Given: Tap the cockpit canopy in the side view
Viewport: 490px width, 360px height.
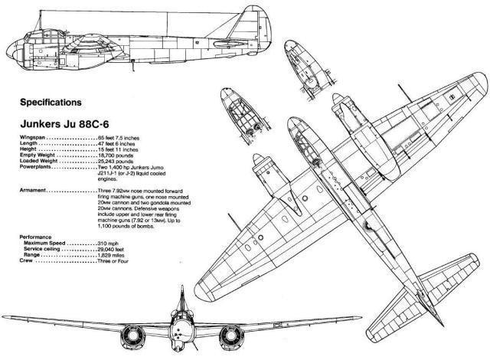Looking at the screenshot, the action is pyautogui.click(x=47, y=35).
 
